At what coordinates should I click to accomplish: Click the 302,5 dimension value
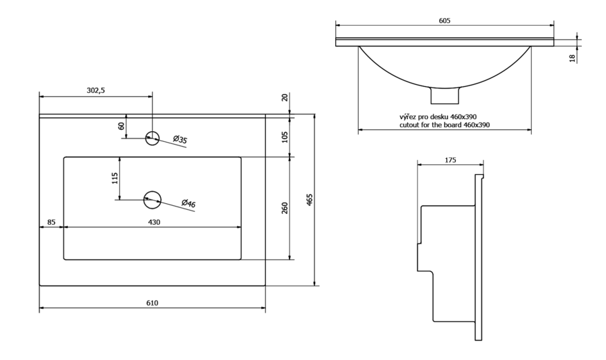tap(96, 90)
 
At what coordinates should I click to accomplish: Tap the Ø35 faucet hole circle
tap(152, 138)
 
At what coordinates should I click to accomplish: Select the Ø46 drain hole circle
tap(153, 199)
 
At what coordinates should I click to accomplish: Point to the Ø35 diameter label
tap(180, 140)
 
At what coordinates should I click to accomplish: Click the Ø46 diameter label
tap(189, 203)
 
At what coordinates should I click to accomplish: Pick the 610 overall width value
tap(152, 303)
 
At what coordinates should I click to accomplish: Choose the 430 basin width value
tap(154, 222)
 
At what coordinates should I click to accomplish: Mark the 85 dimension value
tap(51, 222)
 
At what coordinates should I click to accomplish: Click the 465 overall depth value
tap(310, 200)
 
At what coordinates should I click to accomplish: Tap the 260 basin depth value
tap(284, 208)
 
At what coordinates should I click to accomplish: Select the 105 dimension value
tap(284, 137)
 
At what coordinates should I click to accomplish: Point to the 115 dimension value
tap(115, 178)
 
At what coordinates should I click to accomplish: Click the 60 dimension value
tap(122, 126)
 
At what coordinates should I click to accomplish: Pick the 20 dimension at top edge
tap(284, 98)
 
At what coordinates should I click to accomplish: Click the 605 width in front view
tap(444, 21)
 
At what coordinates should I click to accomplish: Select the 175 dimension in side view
tap(450, 160)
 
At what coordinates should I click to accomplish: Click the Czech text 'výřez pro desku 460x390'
tap(438, 116)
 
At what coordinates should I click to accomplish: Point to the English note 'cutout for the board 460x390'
tap(444, 125)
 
